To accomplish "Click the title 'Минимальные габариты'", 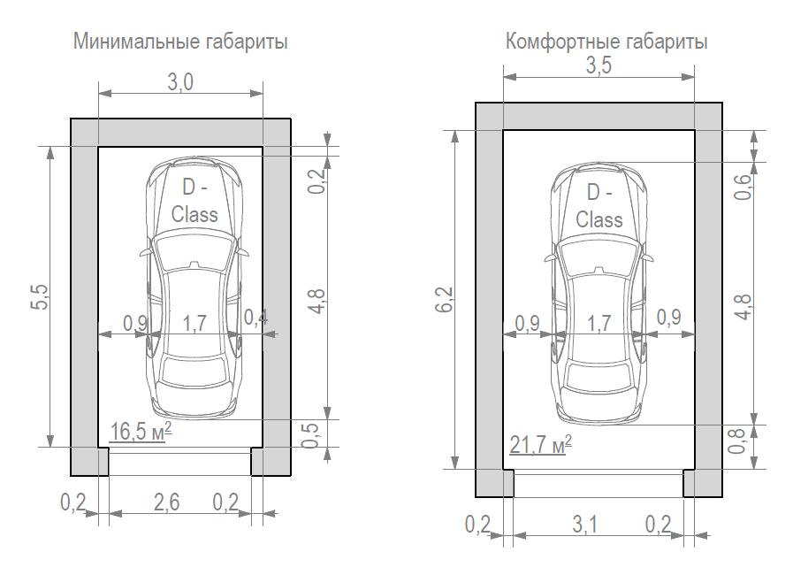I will click(x=181, y=42).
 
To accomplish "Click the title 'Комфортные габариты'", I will click(x=606, y=42).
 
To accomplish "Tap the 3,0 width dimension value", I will click(x=180, y=83).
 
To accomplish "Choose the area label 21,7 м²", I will click(x=540, y=443).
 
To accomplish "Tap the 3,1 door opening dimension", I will click(x=584, y=525).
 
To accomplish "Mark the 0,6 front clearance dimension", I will click(x=743, y=187).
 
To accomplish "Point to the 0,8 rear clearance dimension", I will click(x=743, y=441).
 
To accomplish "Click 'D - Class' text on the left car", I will click(x=194, y=201).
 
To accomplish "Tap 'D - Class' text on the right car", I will click(x=599, y=206).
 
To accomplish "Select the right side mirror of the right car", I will click(x=651, y=257).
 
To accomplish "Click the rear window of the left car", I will click(x=194, y=375).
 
